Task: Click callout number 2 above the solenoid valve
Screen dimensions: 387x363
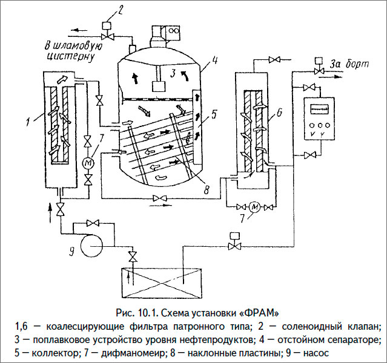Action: (119, 10)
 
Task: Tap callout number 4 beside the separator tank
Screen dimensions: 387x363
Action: (214, 60)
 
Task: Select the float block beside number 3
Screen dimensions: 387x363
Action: (158, 87)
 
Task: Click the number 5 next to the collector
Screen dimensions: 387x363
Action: (214, 114)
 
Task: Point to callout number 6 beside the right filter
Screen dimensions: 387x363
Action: (279, 113)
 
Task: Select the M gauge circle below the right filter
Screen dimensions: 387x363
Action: (254, 208)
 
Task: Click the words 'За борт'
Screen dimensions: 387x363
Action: (350, 64)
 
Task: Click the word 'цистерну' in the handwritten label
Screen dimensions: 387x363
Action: (71, 56)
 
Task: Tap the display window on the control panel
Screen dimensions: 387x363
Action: (319, 109)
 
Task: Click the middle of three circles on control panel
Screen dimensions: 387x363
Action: (320, 125)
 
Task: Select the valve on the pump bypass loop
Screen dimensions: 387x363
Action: (93, 223)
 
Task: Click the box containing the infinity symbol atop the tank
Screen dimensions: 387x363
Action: (173, 32)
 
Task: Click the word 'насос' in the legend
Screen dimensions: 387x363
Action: (316, 353)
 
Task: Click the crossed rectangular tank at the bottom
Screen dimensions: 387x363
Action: (162, 284)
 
